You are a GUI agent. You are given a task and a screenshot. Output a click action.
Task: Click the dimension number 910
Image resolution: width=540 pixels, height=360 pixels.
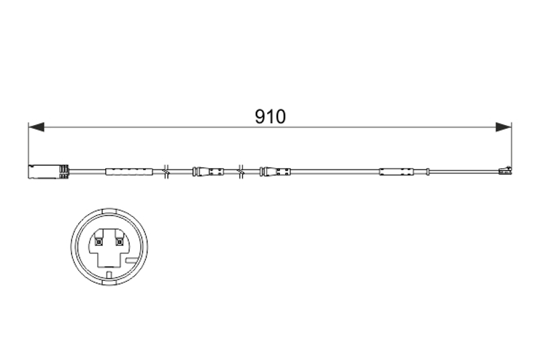click(x=271, y=116)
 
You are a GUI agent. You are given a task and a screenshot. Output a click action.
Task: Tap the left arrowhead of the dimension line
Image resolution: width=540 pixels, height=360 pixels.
click(x=36, y=127)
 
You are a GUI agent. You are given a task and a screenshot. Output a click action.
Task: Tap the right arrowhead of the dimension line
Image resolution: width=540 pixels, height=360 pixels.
click(x=504, y=127)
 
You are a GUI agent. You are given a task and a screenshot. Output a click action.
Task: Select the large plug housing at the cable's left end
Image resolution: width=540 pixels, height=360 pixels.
click(x=49, y=172)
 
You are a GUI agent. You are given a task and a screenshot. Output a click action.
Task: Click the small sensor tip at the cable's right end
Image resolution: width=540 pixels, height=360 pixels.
click(x=505, y=170)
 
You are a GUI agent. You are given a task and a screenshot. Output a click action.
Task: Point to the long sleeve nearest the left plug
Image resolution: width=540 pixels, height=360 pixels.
click(x=129, y=172)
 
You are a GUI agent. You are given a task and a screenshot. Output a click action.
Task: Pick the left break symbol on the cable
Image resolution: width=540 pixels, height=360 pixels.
click(x=166, y=171)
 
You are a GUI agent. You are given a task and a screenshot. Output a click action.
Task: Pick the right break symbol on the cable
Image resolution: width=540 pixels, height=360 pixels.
click(x=241, y=171)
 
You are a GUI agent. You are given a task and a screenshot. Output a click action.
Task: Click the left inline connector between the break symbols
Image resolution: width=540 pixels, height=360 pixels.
click(x=208, y=172)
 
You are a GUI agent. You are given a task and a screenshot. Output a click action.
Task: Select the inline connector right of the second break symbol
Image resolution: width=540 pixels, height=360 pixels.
click(x=275, y=172)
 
